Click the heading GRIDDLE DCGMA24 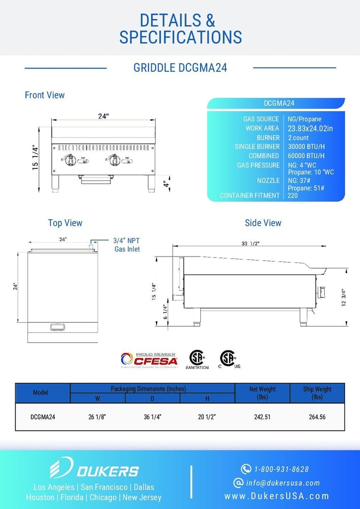click(180, 68)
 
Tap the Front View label click(45, 95)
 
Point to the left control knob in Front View click(71, 160)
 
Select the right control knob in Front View click(115, 160)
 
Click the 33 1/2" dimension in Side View click(250, 243)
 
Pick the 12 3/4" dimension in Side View click(344, 297)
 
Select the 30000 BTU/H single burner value click(306, 147)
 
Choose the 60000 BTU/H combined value click(306, 156)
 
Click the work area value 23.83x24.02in click(310, 128)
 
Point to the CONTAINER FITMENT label click(250, 196)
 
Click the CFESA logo click(149, 359)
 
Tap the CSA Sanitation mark click(197, 359)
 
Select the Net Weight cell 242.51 click(262, 417)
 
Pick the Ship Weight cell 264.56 click(317, 417)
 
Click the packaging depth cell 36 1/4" click(153, 417)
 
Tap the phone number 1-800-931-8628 click(281, 469)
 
